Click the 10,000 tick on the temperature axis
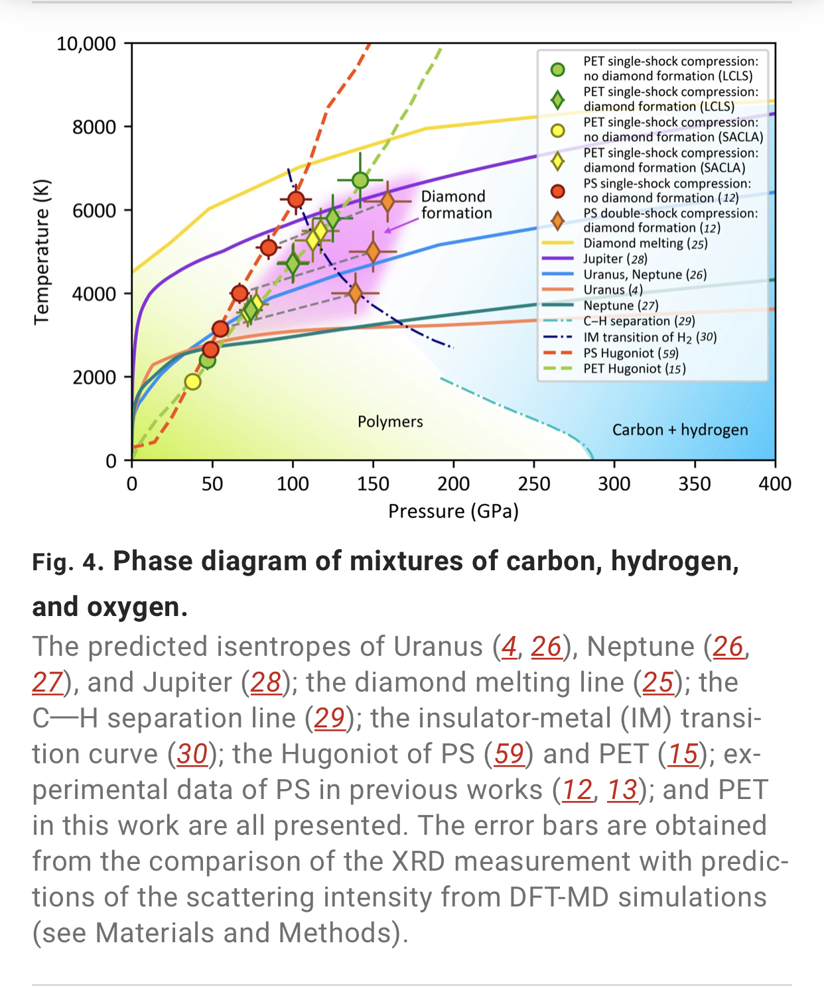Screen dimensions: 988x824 (86, 44)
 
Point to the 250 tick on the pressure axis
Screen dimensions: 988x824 (534, 483)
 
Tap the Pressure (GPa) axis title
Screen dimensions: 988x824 (453, 511)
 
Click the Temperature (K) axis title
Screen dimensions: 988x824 (41, 252)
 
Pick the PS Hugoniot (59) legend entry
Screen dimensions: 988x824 (630, 353)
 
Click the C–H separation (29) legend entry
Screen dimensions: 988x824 (639, 321)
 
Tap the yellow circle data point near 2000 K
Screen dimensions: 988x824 (192, 381)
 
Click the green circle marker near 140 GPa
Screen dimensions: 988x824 (360, 180)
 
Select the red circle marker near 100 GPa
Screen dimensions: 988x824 (296, 199)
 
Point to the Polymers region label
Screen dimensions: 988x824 (390, 422)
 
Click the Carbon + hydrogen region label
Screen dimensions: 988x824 (679, 430)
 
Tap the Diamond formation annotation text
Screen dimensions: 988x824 (456, 204)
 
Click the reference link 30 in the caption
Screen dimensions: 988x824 (192, 754)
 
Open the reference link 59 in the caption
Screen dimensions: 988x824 (509, 754)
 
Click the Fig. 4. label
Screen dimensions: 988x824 (68, 562)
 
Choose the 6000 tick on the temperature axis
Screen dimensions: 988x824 (94, 210)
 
